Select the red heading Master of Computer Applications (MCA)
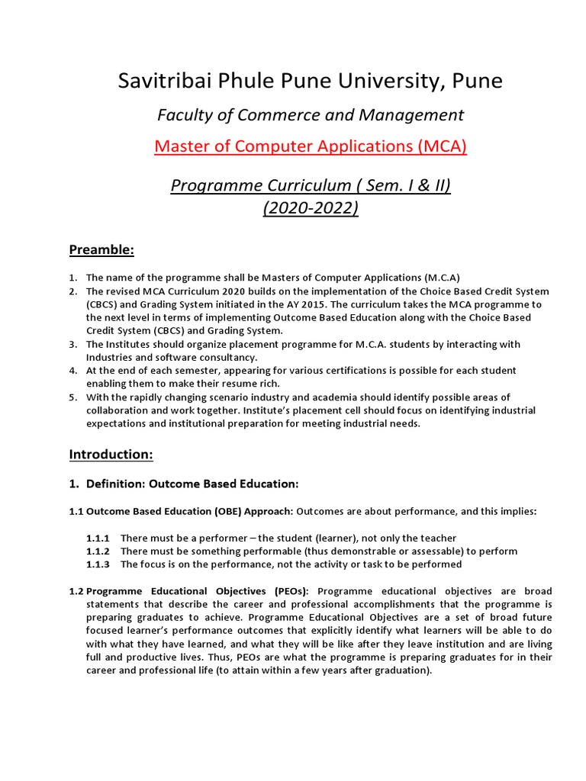point(310,146)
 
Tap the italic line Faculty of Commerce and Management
point(310,114)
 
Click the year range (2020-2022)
point(310,207)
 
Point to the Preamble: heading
point(101,249)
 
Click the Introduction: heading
point(111,455)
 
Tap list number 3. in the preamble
point(73,344)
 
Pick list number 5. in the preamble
point(73,397)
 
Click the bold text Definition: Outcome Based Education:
point(193,484)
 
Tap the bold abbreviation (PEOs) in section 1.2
point(290,591)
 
